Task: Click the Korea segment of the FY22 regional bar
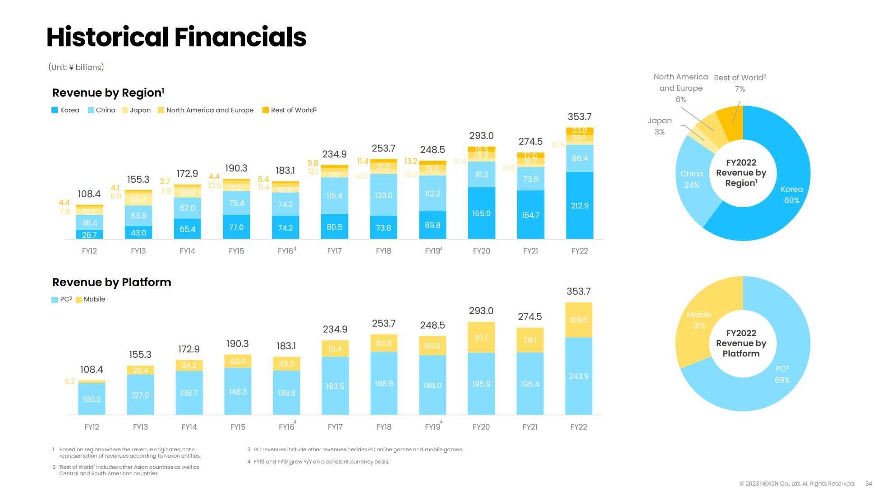click(579, 205)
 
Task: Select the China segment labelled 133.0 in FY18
click(383, 195)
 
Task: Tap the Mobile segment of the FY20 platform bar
click(481, 337)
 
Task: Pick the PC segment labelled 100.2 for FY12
click(92, 399)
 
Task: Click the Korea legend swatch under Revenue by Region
click(55, 110)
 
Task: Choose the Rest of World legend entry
click(289, 110)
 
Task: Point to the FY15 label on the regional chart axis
click(236, 251)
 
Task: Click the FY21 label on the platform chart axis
click(530, 427)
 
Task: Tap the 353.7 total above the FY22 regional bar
click(579, 117)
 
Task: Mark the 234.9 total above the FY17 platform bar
click(335, 329)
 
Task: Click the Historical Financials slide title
click(176, 37)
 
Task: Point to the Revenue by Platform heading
click(112, 283)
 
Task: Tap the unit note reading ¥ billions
click(76, 67)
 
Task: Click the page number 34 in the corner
click(869, 483)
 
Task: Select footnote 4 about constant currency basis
click(318, 462)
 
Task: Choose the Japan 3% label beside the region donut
click(660, 126)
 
